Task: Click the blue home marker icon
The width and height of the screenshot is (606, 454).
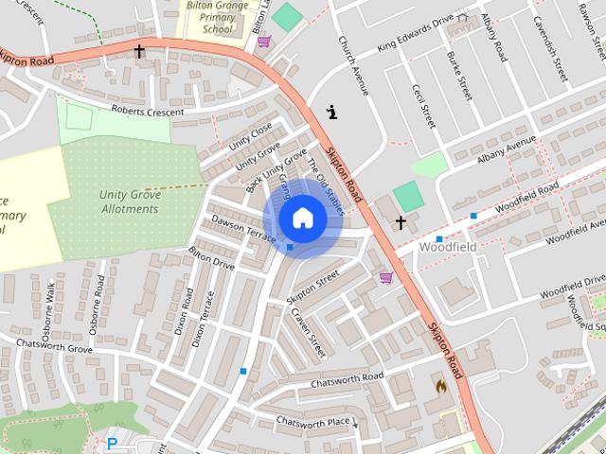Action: point(302,218)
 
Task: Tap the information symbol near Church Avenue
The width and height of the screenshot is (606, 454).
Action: point(331,112)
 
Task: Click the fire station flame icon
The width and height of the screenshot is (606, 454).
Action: point(440,386)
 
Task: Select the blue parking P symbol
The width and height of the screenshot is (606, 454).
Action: point(112,443)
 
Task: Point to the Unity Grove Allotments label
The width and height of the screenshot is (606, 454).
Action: point(129,201)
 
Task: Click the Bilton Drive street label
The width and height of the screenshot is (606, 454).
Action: point(211,257)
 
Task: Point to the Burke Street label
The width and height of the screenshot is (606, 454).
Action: point(458,77)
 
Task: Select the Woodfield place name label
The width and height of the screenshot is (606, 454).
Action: point(447,248)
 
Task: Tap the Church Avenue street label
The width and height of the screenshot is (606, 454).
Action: point(351,66)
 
